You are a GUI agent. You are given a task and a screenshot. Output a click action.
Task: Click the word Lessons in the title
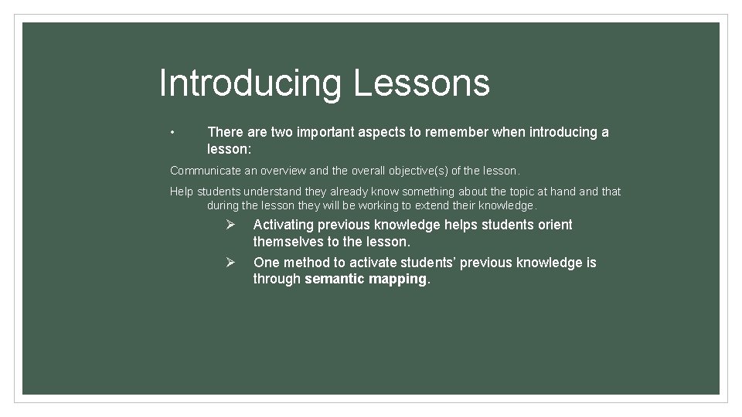(421, 83)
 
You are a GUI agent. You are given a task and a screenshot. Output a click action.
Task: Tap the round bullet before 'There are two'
(174, 132)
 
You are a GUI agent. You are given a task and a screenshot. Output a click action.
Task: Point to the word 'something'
(438, 192)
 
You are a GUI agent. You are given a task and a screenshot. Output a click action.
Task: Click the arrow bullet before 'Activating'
(230, 225)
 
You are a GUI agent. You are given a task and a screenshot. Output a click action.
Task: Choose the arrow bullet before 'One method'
(230, 263)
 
